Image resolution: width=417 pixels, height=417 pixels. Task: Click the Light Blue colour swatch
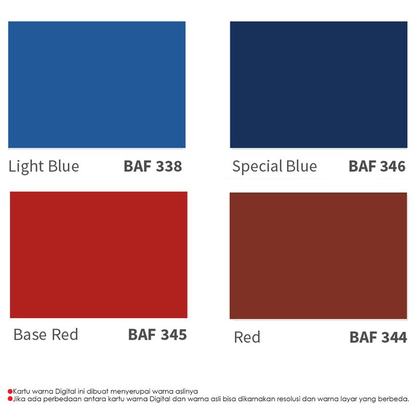[x=97, y=84]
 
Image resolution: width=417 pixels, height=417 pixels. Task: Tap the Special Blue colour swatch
[x=319, y=84]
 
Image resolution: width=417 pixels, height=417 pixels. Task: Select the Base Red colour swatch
[x=99, y=255]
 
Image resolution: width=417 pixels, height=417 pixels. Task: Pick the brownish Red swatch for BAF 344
[x=318, y=256]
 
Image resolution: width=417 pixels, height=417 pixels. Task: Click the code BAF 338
[x=153, y=166]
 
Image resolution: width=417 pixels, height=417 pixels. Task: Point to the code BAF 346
[x=377, y=166]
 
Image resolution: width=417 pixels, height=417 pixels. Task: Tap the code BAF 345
[x=157, y=334]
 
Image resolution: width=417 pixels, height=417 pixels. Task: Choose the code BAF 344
[x=378, y=337]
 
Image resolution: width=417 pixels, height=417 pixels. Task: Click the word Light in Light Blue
[x=26, y=167]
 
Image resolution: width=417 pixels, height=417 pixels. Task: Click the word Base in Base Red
[x=30, y=334]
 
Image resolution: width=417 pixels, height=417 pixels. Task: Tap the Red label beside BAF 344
[x=247, y=337]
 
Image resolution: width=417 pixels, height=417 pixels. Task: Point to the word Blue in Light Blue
[x=64, y=166]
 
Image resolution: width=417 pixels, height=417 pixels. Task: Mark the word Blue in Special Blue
[x=302, y=166]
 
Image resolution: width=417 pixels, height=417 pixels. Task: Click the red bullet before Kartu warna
[x=10, y=391]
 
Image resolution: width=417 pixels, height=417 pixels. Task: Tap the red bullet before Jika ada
[x=10, y=399]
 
